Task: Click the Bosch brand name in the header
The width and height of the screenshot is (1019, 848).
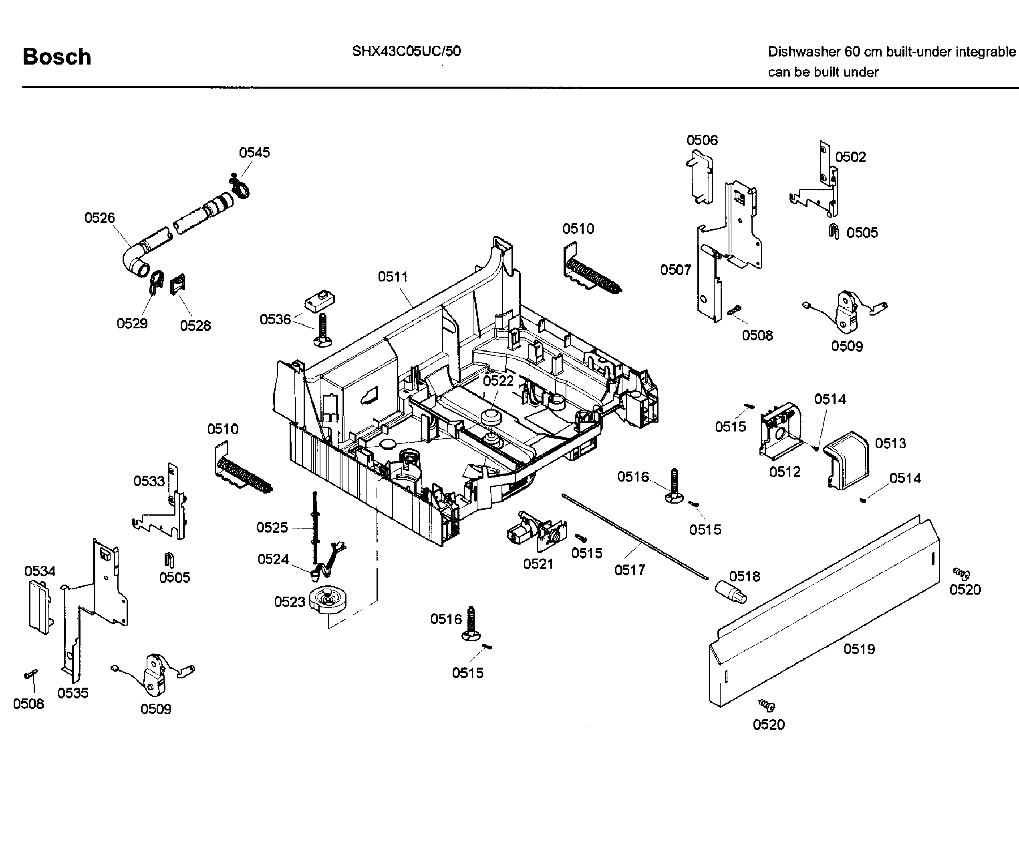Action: point(57,57)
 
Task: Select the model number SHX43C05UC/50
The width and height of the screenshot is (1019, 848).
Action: point(406,51)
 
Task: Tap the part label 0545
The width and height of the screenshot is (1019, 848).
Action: point(254,152)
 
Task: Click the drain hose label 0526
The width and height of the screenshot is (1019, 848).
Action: point(99,218)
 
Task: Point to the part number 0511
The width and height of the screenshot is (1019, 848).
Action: point(393,277)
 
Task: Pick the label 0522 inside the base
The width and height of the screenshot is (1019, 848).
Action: point(498,381)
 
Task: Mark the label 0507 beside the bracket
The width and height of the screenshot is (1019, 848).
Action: point(675,270)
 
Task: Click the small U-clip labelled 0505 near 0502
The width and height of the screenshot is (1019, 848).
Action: point(834,232)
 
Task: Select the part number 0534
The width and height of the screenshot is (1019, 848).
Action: point(40,571)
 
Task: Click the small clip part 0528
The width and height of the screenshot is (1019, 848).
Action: point(177,284)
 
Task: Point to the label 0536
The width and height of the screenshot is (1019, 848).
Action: point(275,320)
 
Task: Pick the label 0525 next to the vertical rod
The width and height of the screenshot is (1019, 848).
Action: point(272,528)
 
